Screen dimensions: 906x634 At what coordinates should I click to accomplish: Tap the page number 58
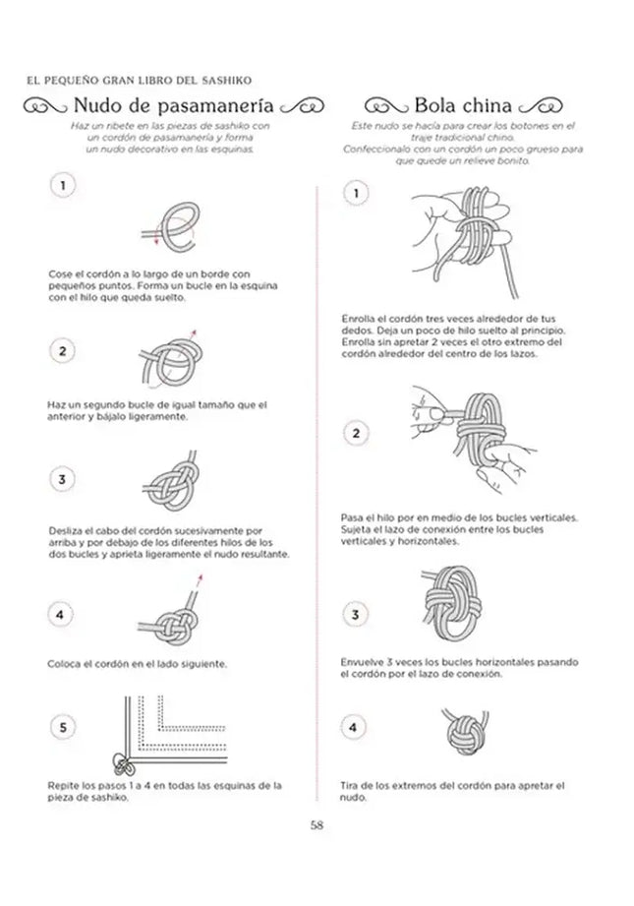(317, 824)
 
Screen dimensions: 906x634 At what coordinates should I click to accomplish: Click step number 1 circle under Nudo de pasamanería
(63, 185)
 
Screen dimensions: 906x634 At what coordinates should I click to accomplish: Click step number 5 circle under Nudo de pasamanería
(63, 728)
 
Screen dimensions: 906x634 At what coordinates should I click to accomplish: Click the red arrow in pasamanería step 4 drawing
(198, 583)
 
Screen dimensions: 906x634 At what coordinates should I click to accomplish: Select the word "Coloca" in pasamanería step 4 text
(62, 663)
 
